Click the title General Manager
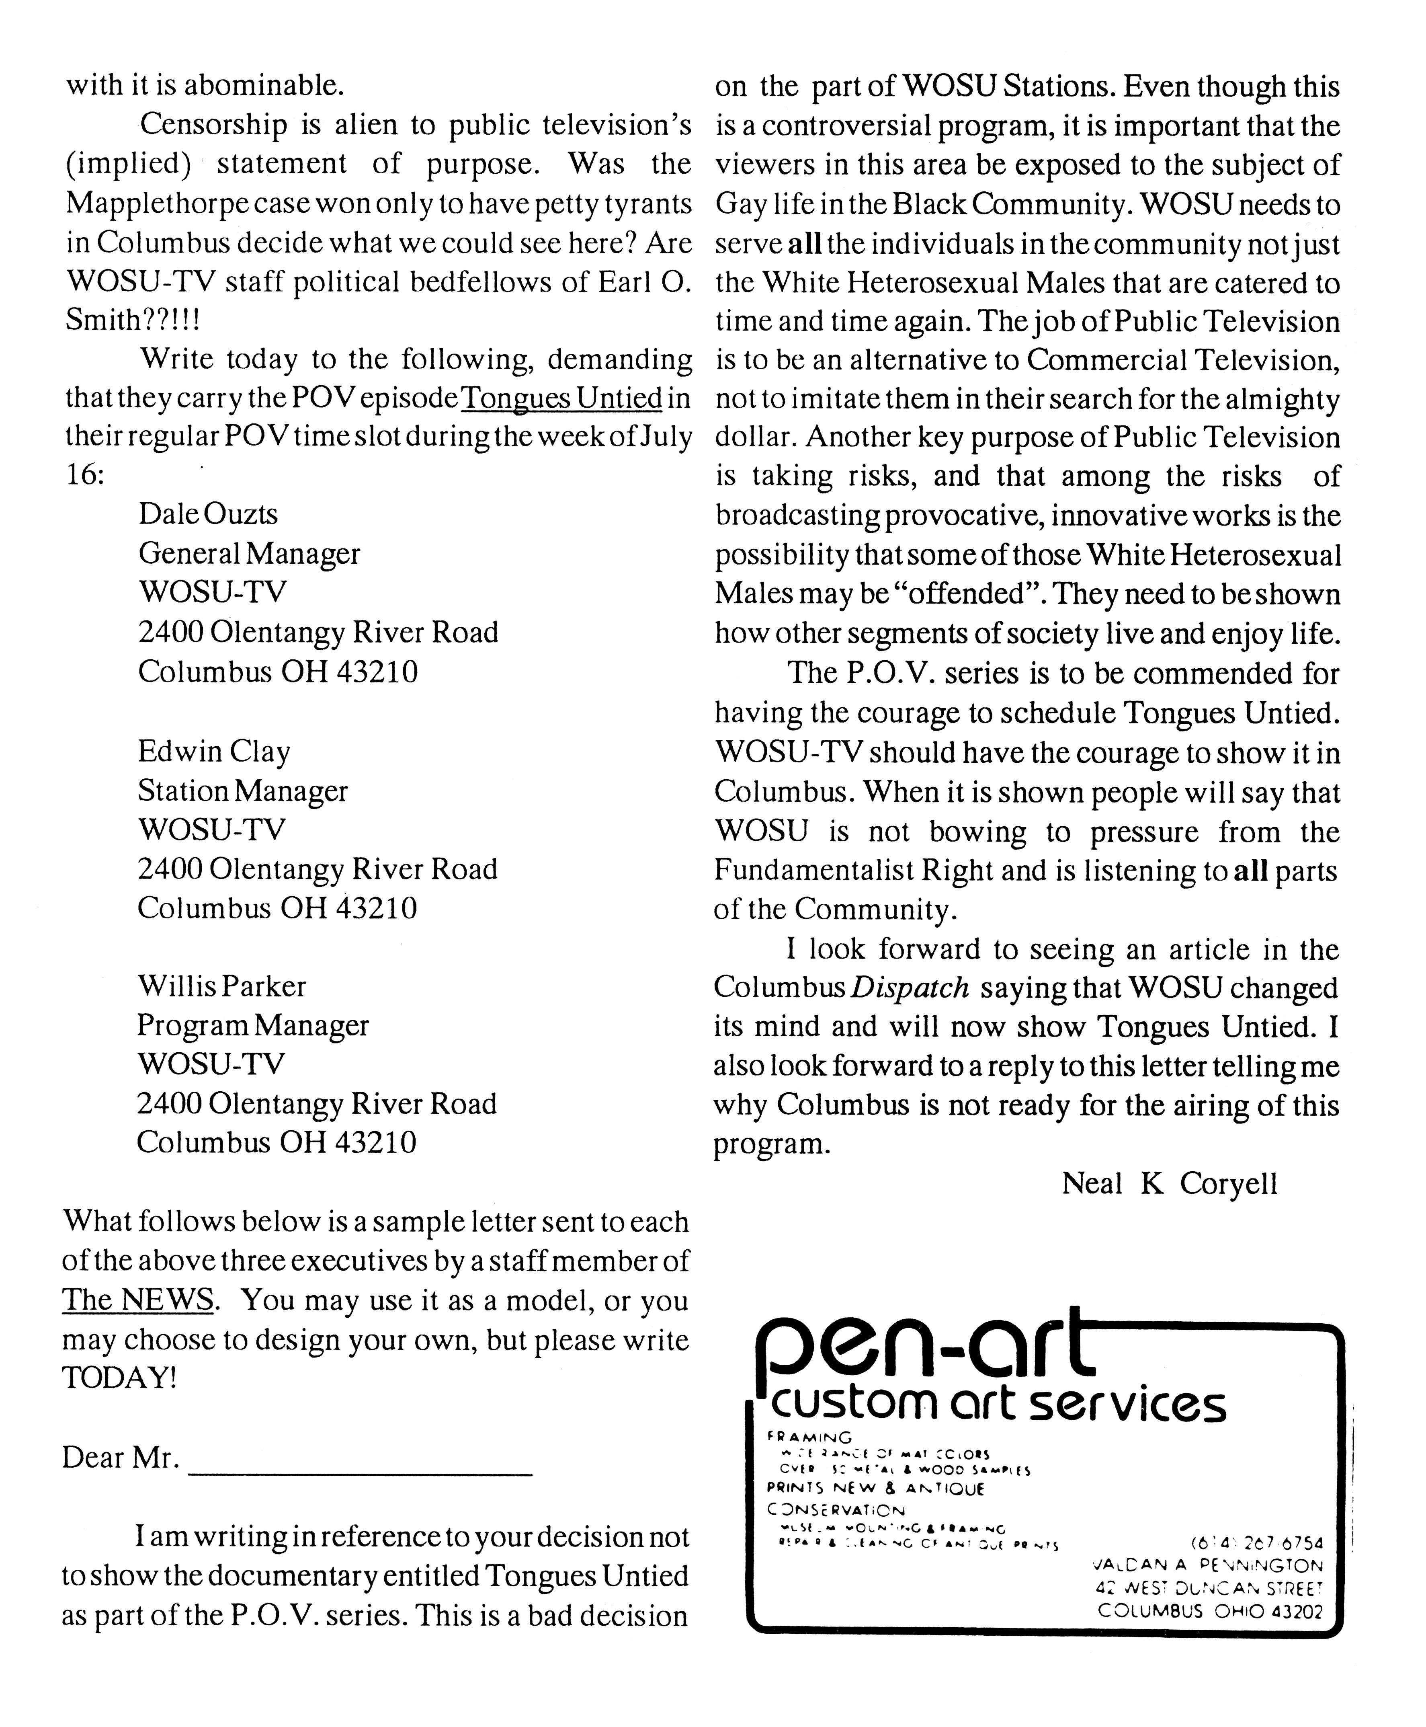[x=249, y=554]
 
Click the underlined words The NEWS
[x=138, y=1300]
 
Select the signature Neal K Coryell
[x=1169, y=1184]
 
